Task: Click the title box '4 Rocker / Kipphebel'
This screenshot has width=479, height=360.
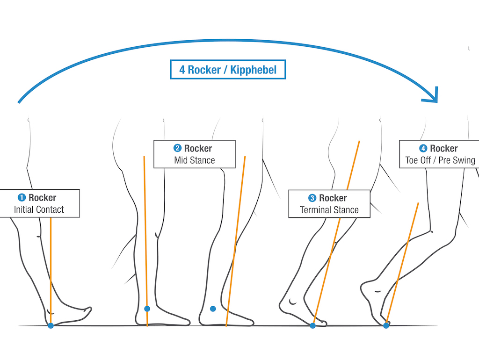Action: [227, 70]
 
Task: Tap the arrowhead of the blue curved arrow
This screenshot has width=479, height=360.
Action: [432, 96]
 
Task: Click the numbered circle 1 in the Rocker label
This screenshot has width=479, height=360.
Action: [22, 198]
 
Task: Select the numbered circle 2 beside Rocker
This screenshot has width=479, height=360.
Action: [177, 148]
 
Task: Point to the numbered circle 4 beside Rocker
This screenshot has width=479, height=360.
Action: [423, 148]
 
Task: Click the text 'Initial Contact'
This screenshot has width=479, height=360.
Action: [39, 209]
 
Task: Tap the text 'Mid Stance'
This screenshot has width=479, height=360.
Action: [195, 160]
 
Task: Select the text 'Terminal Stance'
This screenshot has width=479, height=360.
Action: [329, 210]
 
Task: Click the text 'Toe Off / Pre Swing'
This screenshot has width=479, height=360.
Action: [440, 160]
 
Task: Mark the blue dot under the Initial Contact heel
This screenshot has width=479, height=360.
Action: [51, 325]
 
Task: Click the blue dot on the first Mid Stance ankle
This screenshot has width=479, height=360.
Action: [147, 309]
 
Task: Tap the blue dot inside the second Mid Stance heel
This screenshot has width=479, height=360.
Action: [213, 309]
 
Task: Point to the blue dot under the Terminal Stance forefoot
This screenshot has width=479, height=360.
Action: [312, 325]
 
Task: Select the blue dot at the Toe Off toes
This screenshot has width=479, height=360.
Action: [386, 325]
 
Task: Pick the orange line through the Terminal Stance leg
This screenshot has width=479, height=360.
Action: [336, 234]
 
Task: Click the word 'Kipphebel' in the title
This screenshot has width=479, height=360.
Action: [254, 70]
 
